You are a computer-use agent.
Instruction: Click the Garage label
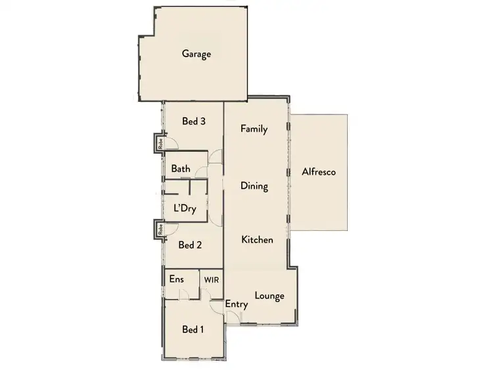click(197, 55)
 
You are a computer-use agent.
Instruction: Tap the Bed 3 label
click(194, 121)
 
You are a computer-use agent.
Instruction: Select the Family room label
click(254, 129)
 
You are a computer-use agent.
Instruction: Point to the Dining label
click(254, 186)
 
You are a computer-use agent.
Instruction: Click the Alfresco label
click(319, 172)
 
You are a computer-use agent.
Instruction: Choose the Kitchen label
click(257, 240)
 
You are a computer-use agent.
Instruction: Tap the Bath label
click(181, 169)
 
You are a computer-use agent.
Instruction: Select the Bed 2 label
click(190, 245)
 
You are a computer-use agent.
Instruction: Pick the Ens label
click(176, 279)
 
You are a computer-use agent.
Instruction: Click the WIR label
click(211, 279)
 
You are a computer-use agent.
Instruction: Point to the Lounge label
click(270, 296)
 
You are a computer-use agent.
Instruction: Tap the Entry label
click(236, 304)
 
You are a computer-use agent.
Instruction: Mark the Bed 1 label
click(191, 329)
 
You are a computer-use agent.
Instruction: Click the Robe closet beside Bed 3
click(159, 143)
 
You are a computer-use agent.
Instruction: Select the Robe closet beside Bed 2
click(159, 229)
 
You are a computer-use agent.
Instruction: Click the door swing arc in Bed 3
click(170, 143)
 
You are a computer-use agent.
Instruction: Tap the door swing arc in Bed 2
click(170, 229)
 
